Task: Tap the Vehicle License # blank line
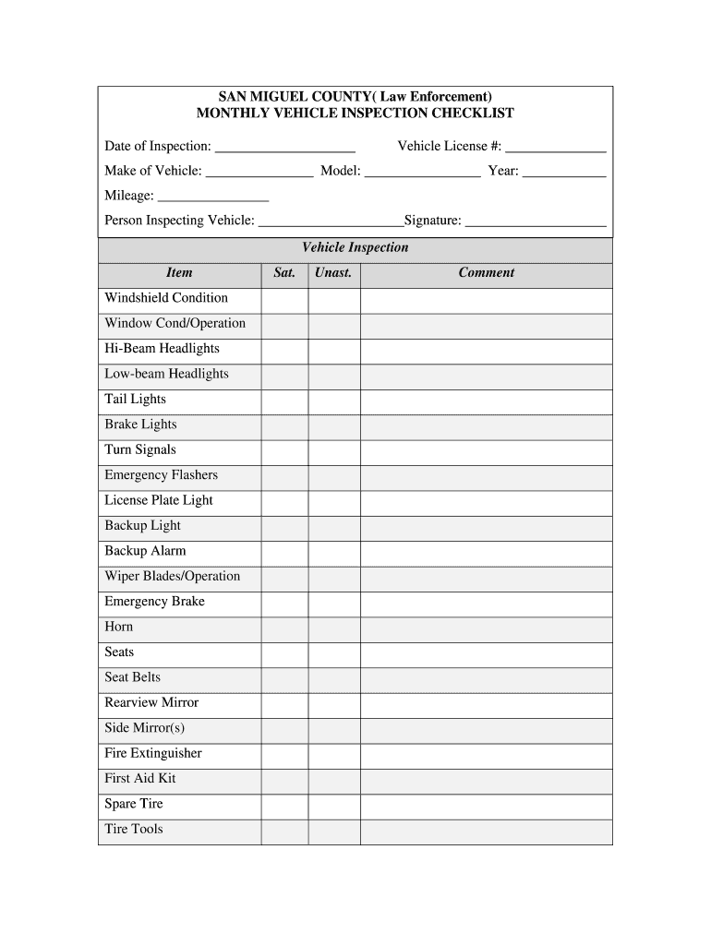point(556,148)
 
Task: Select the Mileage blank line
point(213,197)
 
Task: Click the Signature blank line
point(536,221)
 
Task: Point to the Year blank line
point(564,173)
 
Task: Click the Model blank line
point(423,173)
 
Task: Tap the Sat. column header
point(284,273)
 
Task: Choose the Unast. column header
point(333,273)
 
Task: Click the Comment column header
point(486,273)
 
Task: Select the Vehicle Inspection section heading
point(355,248)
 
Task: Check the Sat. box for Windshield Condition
point(284,299)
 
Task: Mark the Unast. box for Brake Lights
point(333,425)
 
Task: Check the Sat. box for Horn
point(284,628)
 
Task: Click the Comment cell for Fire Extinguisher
point(486,754)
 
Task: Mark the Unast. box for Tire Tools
point(333,830)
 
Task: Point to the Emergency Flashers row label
point(162,475)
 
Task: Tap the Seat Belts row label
point(133,677)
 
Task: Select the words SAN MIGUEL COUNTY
point(283,96)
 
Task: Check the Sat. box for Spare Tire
point(284,805)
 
